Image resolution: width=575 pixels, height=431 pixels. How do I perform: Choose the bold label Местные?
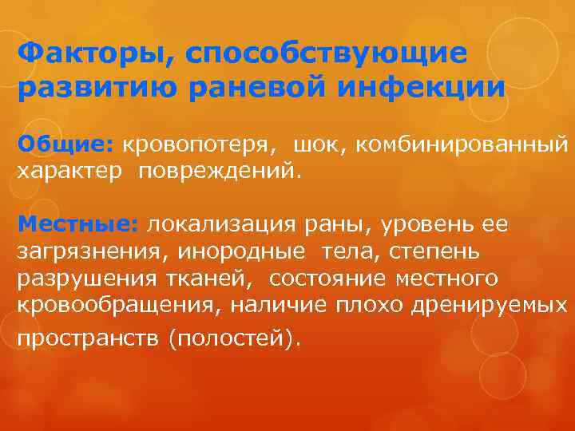coord(78,224)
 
